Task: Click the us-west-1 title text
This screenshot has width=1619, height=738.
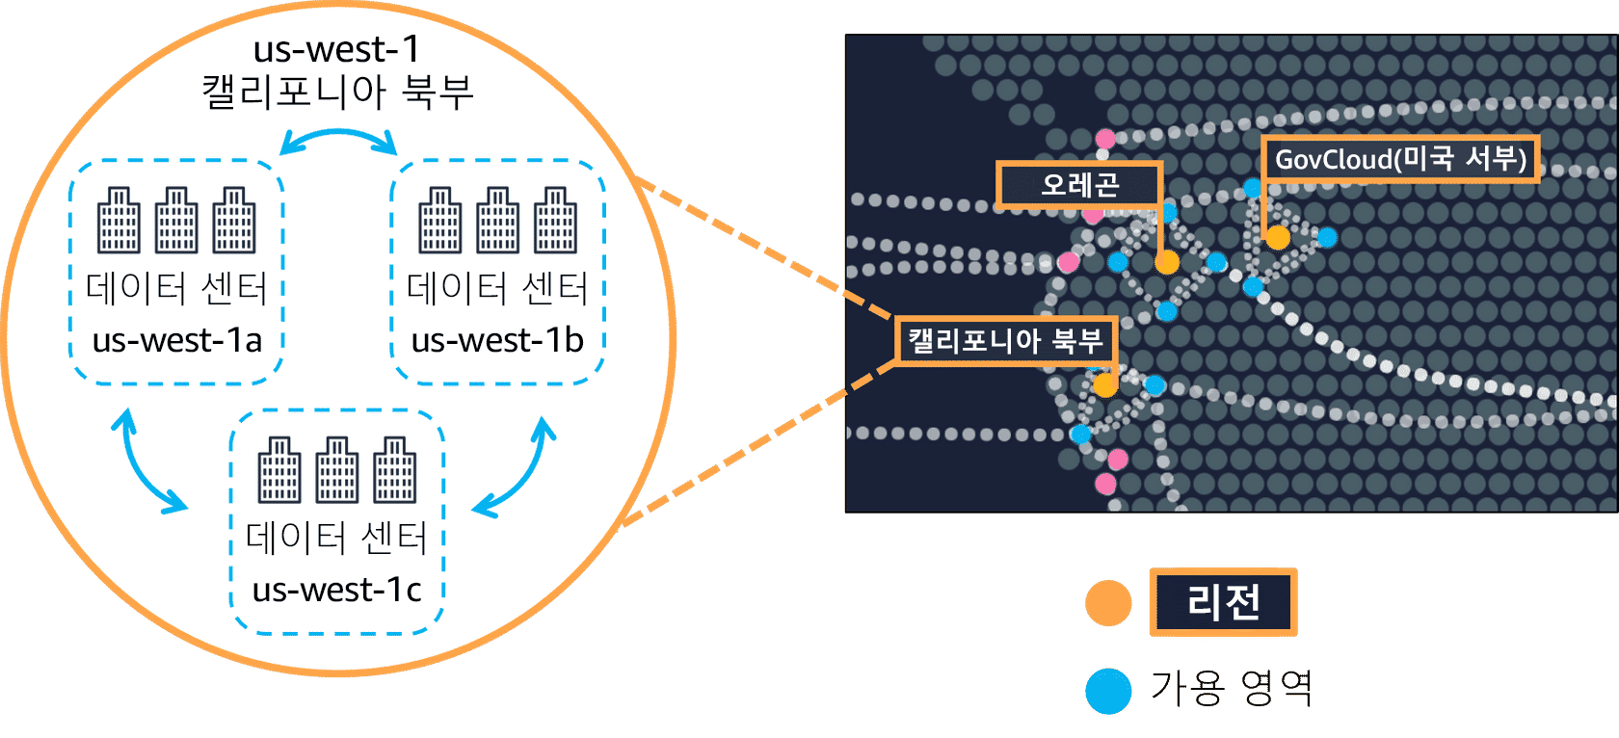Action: pyautogui.click(x=336, y=48)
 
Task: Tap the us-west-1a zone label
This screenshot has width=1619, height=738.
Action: pyautogui.click(x=176, y=340)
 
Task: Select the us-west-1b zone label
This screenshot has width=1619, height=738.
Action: pyautogui.click(x=497, y=340)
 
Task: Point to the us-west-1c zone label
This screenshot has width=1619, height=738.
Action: pyautogui.click(x=336, y=589)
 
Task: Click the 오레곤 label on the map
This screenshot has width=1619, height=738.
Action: pyautogui.click(x=1078, y=184)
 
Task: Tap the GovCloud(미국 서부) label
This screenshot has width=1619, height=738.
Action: pyautogui.click(x=1399, y=159)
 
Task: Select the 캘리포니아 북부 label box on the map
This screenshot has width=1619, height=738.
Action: pyautogui.click(x=1005, y=340)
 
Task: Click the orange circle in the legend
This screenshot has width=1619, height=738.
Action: pyautogui.click(x=1108, y=604)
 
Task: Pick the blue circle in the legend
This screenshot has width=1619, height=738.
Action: pyautogui.click(x=1108, y=691)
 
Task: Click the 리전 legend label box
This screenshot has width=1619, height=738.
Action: pyautogui.click(x=1223, y=602)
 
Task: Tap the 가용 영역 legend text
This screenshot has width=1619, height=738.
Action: pyautogui.click(x=1231, y=688)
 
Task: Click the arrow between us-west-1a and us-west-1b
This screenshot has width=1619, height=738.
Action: pyautogui.click(x=338, y=141)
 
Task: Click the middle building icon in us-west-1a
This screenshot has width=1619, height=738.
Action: pyautogui.click(x=176, y=221)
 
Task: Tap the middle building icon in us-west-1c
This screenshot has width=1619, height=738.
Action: pyautogui.click(x=336, y=470)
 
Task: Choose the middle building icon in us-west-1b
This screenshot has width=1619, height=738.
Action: pyautogui.click(x=497, y=221)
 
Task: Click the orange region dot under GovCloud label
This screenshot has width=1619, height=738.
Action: pyautogui.click(x=1278, y=237)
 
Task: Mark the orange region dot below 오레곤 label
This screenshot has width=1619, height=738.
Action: pyautogui.click(x=1167, y=262)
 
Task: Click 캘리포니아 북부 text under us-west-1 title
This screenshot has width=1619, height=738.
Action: pyautogui.click(x=336, y=92)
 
